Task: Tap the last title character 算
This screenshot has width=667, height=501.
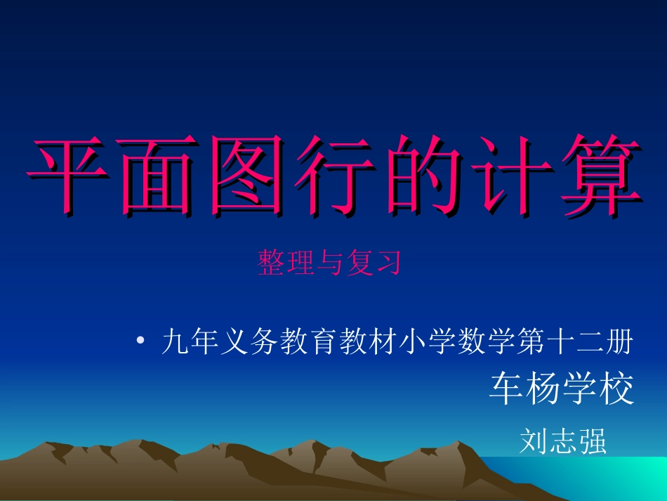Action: coord(597,174)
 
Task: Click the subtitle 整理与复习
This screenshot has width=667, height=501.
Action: coord(329,263)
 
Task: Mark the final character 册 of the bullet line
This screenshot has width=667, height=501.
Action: coord(621,343)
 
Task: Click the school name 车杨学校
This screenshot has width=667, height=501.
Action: coord(562,389)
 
